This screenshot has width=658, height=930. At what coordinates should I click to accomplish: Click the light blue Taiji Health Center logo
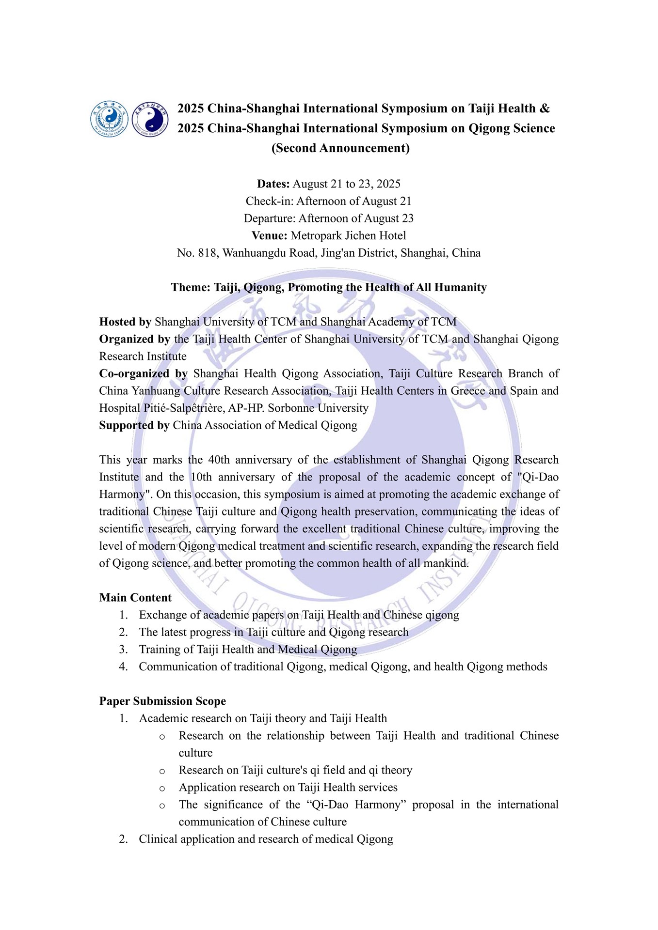[x=110, y=119]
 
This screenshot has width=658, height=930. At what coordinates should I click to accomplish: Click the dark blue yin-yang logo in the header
[x=150, y=119]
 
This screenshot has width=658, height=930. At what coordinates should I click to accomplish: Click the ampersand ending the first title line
[x=545, y=108]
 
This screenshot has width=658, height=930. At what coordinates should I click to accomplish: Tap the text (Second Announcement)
[x=340, y=148]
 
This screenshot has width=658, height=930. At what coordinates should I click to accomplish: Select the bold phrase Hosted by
[x=125, y=322]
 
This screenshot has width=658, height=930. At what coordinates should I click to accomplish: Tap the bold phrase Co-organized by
[x=143, y=373]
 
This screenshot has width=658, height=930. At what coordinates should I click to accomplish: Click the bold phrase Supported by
[x=134, y=425]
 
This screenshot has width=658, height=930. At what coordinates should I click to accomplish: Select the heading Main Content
[x=135, y=598]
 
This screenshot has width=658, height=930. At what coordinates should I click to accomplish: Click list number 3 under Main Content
[x=124, y=650]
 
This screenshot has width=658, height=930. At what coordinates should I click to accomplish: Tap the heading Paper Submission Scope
[x=162, y=701]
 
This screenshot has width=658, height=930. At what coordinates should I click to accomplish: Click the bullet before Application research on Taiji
[x=162, y=788]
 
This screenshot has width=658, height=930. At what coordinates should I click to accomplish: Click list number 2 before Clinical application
[x=124, y=839]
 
